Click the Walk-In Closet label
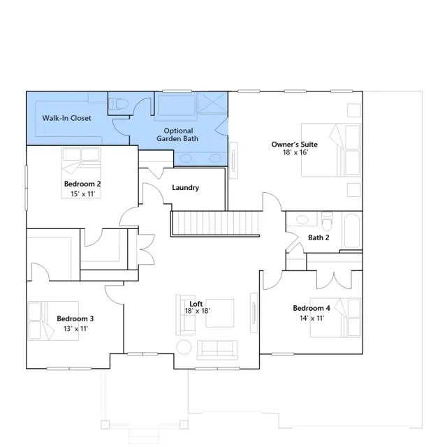67,118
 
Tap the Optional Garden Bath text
177,135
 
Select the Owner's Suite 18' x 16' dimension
295,152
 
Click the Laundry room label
185,188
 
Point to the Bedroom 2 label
82,184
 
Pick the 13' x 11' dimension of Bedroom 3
76,329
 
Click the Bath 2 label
318,237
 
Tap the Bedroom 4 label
312,308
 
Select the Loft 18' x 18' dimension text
197,311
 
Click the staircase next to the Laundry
215,223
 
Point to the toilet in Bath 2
327,221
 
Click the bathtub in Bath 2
352,231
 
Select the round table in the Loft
184,347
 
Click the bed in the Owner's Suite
331,150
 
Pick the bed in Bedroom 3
53,321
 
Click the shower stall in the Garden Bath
212,103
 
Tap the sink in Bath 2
302,220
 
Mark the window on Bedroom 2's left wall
27,188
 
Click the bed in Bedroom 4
336,318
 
